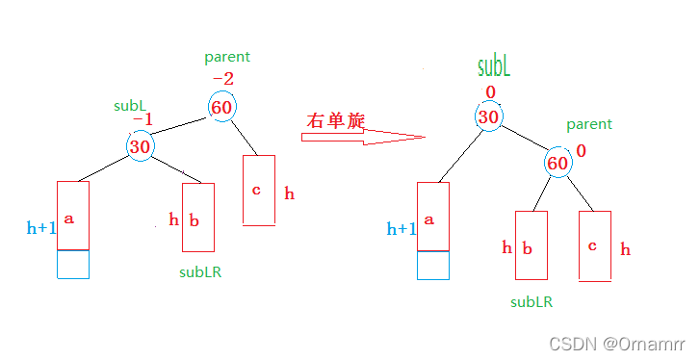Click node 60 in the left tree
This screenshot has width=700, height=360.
tap(221, 107)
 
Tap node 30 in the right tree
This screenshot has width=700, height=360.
tap(488, 116)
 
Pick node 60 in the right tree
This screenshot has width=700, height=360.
tap(557, 163)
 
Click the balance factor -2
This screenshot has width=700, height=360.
tap(223, 78)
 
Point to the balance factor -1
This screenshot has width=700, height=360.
tap(143, 119)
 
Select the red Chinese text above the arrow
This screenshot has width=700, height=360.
tap(336, 120)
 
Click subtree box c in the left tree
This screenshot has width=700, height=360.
tap(259, 191)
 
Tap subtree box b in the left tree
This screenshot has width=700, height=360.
tap(198, 217)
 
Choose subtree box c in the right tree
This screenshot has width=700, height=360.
tap(595, 246)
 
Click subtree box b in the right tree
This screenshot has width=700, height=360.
tap(531, 245)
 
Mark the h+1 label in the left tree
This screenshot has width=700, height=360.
tap(41, 228)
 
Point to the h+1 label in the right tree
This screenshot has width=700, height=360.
tap(402, 229)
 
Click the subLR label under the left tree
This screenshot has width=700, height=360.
tap(200, 272)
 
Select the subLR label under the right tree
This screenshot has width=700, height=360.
tap(531, 302)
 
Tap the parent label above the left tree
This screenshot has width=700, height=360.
tap(227, 58)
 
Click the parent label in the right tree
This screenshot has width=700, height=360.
tap(589, 125)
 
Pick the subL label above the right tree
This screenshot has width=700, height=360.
tap(493, 66)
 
